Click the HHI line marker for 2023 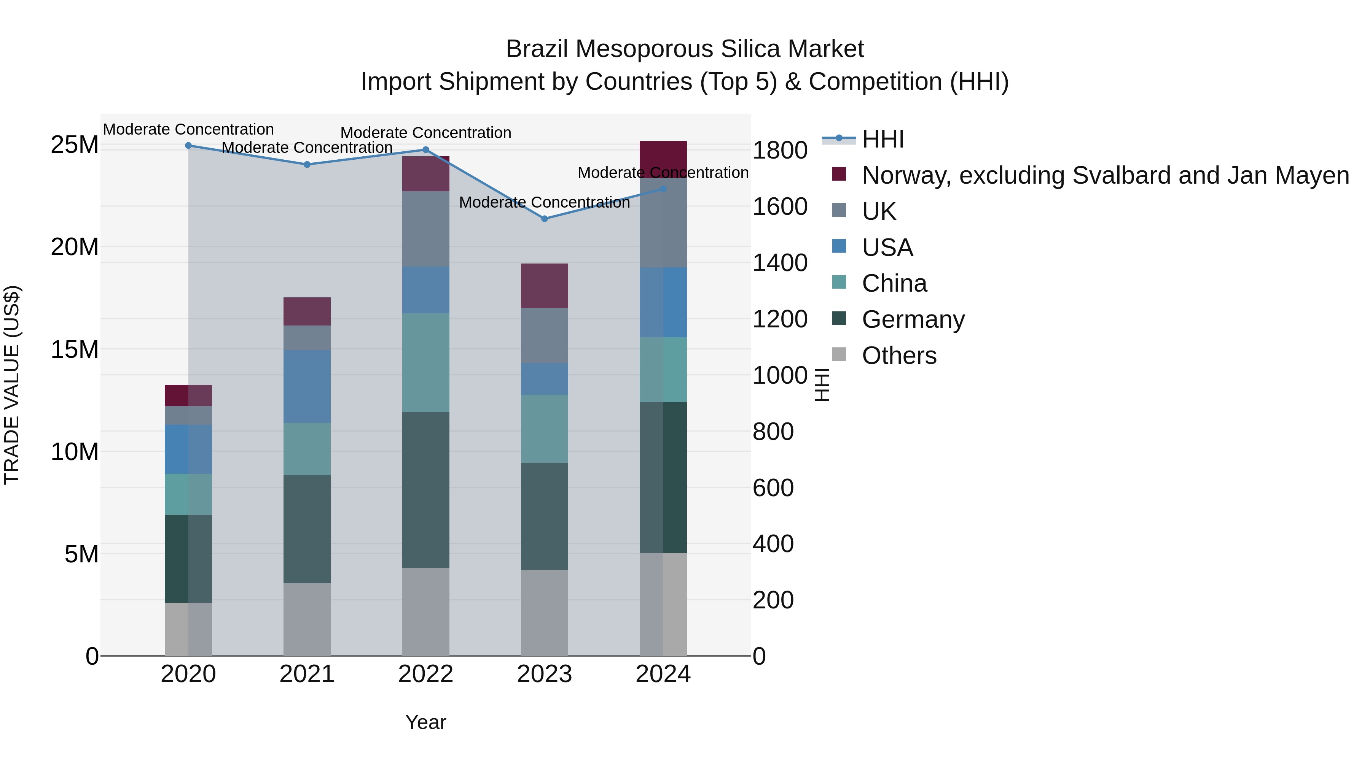tap(544, 218)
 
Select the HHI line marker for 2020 tap(188, 146)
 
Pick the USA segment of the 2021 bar tap(307, 386)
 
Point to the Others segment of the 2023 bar tap(544, 612)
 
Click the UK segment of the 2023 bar tap(544, 335)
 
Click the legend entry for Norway tap(1105, 175)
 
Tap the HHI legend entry tap(883, 139)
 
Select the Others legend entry tap(899, 356)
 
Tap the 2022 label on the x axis tap(425, 674)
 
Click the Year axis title tap(425, 722)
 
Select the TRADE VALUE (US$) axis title tap(12, 385)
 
